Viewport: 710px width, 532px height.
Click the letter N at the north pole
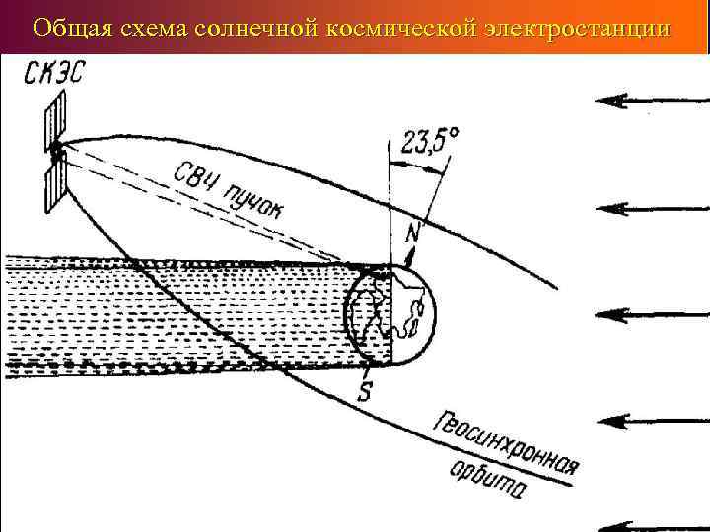tap(414, 234)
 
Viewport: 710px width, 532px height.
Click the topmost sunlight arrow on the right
tap(652, 100)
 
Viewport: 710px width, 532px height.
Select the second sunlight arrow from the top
tap(652, 207)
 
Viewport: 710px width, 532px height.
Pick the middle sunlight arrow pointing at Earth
tap(652, 314)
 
